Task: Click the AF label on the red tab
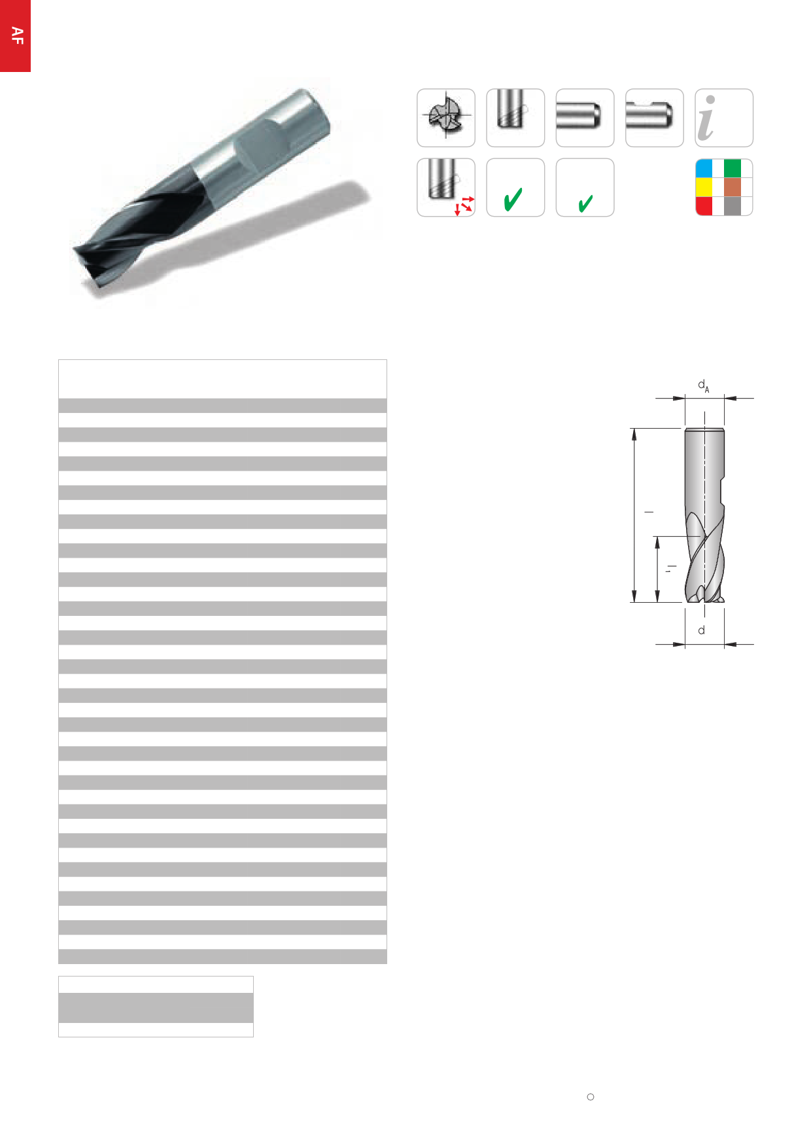[x=18, y=36]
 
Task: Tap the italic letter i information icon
[x=707, y=118]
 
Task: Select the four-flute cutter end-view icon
[x=445, y=118]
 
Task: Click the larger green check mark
[x=513, y=199]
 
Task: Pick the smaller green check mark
[x=585, y=204]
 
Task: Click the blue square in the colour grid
[x=704, y=168]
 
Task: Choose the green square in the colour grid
[x=733, y=168]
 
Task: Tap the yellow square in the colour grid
[x=704, y=187]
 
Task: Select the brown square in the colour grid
[x=733, y=187]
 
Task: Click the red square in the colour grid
[x=704, y=206]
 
